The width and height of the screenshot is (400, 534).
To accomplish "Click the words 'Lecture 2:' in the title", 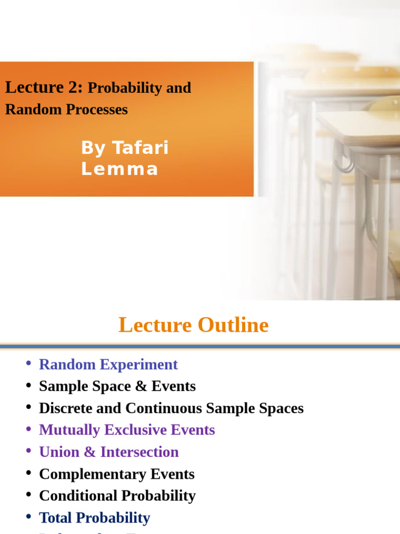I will click(44, 88).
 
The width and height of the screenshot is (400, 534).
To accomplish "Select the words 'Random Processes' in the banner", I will click(66, 110).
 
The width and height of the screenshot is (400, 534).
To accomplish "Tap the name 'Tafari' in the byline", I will click(140, 148).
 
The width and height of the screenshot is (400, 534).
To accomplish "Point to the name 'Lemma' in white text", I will click(119, 169).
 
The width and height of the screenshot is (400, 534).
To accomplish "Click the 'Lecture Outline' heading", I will click(194, 325).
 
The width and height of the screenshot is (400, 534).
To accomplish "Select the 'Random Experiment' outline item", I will click(108, 364).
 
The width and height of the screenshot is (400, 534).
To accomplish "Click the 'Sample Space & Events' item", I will click(117, 386).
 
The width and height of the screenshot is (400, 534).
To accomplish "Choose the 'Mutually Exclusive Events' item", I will click(127, 430).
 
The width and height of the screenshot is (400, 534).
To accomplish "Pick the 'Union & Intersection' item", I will click(108, 452).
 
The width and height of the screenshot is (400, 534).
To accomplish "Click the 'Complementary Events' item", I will click(117, 474).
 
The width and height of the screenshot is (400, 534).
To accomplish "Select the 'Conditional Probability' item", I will click(117, 495).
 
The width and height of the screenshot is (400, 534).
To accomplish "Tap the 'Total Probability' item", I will click(94, 518).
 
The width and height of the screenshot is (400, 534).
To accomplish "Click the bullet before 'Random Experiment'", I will click(28, 363).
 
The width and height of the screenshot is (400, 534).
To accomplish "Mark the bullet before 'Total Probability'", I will click(28, 517).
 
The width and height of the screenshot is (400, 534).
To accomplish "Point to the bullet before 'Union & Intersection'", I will click(28, 451).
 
